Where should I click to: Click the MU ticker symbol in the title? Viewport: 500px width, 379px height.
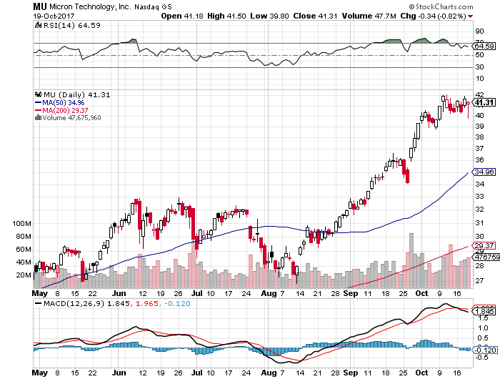coord(41,6)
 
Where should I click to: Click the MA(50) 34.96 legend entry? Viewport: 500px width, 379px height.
coord(58,102)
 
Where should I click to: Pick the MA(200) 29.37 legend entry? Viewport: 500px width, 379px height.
coord(60,110)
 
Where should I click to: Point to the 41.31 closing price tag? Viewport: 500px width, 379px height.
coord(485,102)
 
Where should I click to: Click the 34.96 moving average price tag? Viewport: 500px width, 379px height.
coord(485,172)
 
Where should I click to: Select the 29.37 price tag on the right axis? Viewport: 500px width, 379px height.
coord(485,245)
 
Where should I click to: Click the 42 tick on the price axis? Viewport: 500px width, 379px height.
coord(480,94)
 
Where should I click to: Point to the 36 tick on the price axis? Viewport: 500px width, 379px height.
coord(480,159)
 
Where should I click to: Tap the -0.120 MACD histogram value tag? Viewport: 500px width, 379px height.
coord(486,350)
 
